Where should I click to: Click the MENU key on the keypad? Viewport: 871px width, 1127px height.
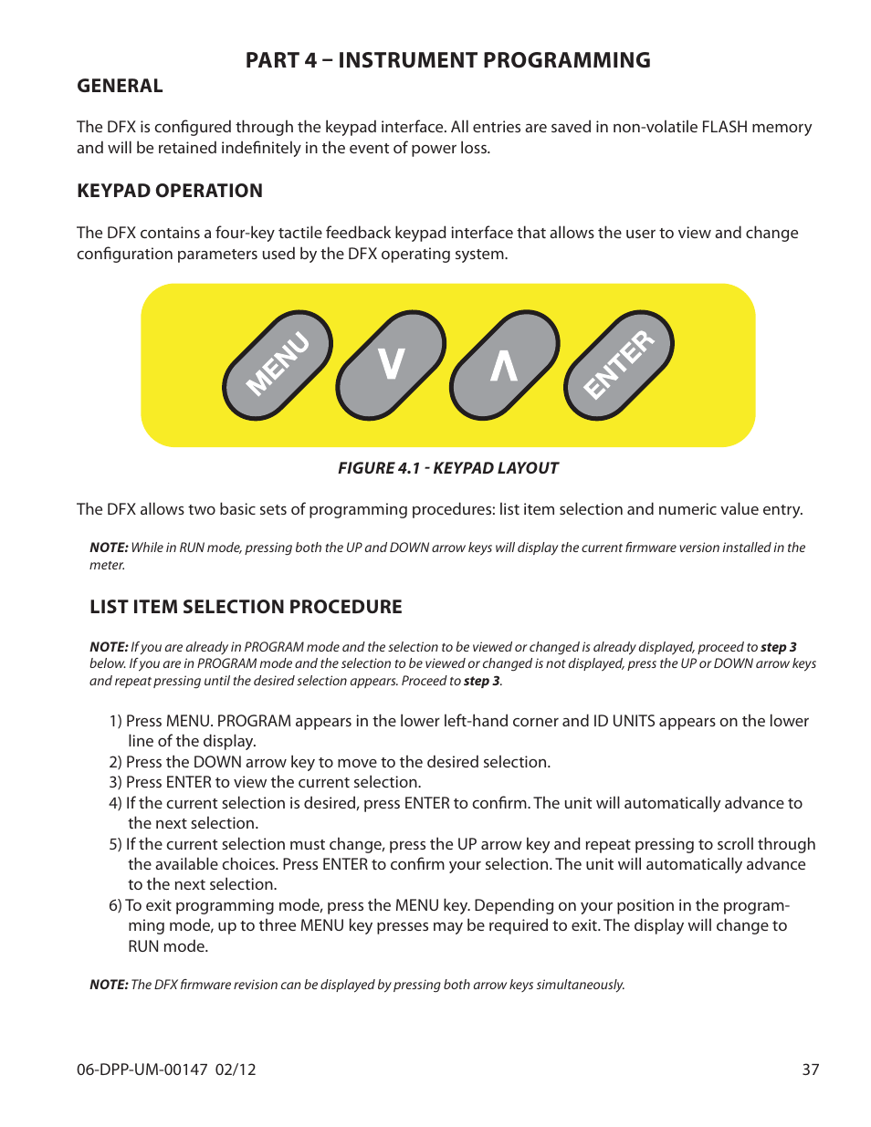point(278,365)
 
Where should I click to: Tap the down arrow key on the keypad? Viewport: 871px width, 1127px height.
point(391,365)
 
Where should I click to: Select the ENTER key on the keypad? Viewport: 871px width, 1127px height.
point(619,365)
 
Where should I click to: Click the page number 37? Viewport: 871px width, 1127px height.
point(810,1070)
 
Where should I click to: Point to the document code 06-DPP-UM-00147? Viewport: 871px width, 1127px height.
point(142,1070)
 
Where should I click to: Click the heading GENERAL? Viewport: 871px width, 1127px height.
point(120,86)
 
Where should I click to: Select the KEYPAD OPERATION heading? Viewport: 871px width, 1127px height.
point(170,191)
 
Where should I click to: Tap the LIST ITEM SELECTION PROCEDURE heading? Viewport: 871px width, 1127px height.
point(246,607)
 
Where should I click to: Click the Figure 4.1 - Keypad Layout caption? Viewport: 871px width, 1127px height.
point(447,468)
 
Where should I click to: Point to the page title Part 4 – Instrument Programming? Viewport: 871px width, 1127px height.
point(447,60)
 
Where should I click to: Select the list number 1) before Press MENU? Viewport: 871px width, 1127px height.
point(116,721)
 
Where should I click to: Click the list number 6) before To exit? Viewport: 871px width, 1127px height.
point(115,905)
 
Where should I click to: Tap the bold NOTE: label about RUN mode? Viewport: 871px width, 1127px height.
point(109,548)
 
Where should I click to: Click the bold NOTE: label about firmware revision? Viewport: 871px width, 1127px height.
point(109,985)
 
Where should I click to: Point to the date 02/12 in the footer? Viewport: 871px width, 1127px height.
point(236,1070)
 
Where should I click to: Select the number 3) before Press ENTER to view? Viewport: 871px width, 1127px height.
point(116,782)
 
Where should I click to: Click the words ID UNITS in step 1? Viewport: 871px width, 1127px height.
point(624,721)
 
